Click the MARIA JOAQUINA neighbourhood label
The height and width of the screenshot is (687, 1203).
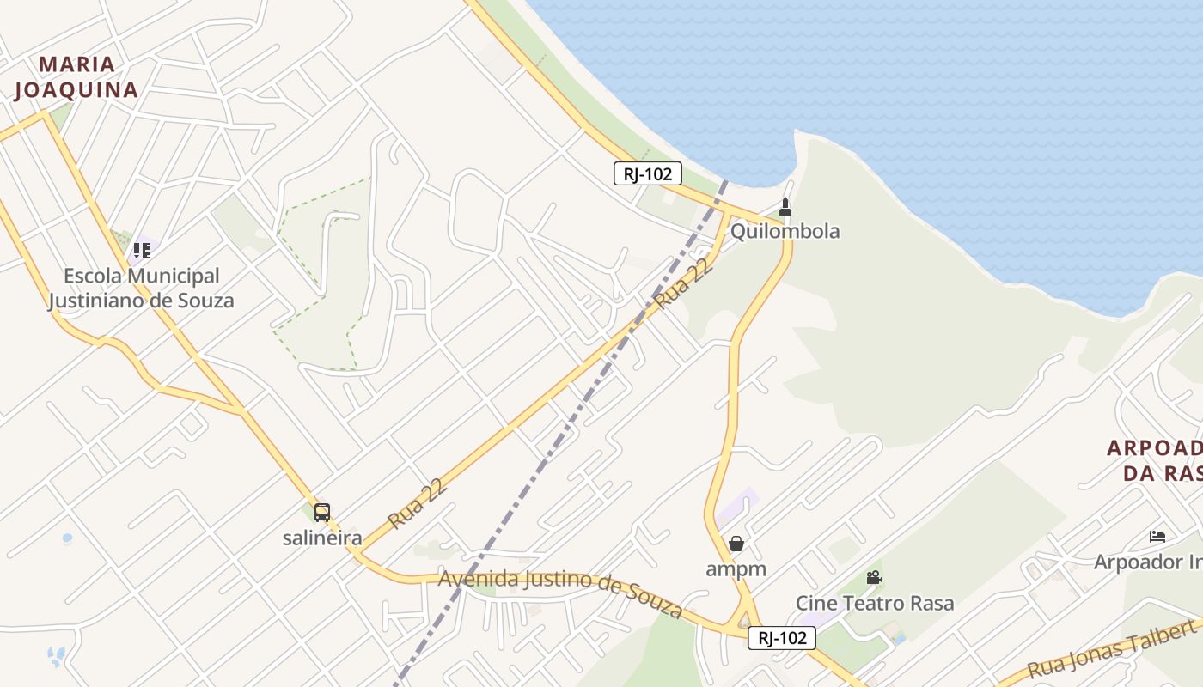click(76, 77)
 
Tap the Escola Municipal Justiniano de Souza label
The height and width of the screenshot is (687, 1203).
click(141, 289)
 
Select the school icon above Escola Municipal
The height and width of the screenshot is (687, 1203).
click(142, 251)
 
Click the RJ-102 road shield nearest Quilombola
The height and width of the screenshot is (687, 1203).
click(648, 173)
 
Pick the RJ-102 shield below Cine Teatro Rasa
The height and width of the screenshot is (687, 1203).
click(781, 638)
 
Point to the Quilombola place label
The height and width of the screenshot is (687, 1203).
click(785, 231)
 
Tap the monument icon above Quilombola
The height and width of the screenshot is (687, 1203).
click(785, 207)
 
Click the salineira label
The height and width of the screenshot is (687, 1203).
click(321, 538)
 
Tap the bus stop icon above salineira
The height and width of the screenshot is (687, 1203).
click(322, 513)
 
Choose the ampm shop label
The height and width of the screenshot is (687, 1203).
click(736, 568)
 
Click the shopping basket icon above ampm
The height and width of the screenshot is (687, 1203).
click(736, 544)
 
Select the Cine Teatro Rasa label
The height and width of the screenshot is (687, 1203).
click(874, 603)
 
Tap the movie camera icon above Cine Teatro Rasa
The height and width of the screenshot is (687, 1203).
click(875, 577)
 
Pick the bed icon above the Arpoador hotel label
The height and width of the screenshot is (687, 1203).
click(1157, 537)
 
